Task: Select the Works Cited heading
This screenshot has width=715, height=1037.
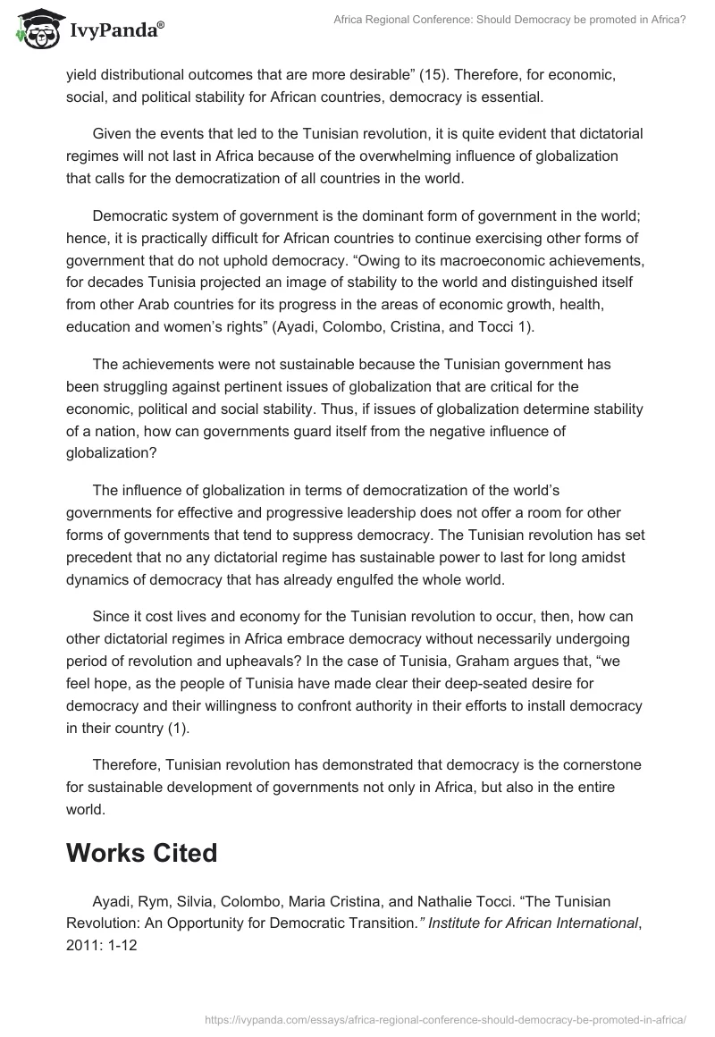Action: [141, 852]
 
